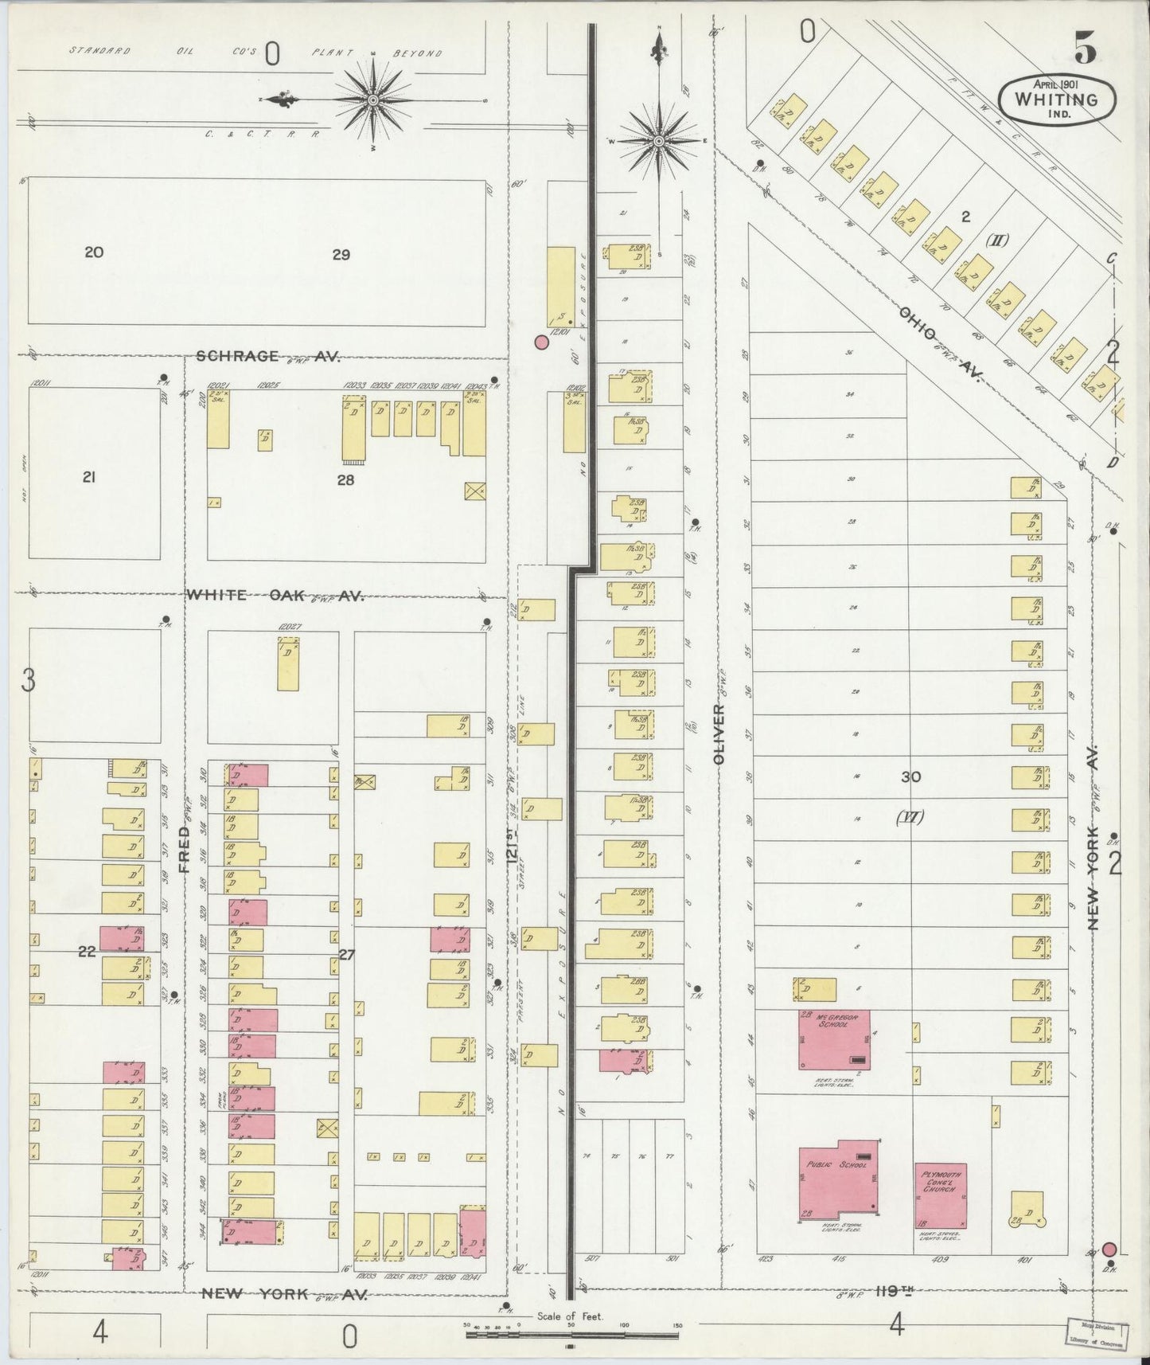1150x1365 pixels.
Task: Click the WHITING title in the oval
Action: (1055, 100)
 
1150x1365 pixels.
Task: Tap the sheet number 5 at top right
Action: (1085, 49)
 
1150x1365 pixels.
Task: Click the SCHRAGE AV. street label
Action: (267, 357)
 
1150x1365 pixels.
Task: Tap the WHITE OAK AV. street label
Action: (275, 595)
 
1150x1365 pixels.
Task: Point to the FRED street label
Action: (184, 849)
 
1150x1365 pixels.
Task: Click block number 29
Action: (341, 255)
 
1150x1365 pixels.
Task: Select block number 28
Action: (345, 480)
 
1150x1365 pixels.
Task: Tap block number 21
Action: (89, 477)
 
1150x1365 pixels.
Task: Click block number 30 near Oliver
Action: (910, 776)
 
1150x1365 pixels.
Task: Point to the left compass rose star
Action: (373, 100)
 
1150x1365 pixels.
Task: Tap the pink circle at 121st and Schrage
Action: (541, 342)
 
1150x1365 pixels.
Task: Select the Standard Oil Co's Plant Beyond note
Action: (255, 53)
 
